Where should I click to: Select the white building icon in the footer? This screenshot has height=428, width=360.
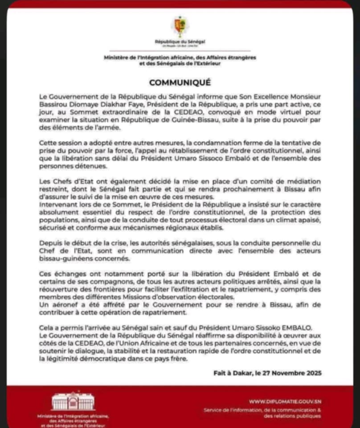pyautogui.click(x=73, y=401)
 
